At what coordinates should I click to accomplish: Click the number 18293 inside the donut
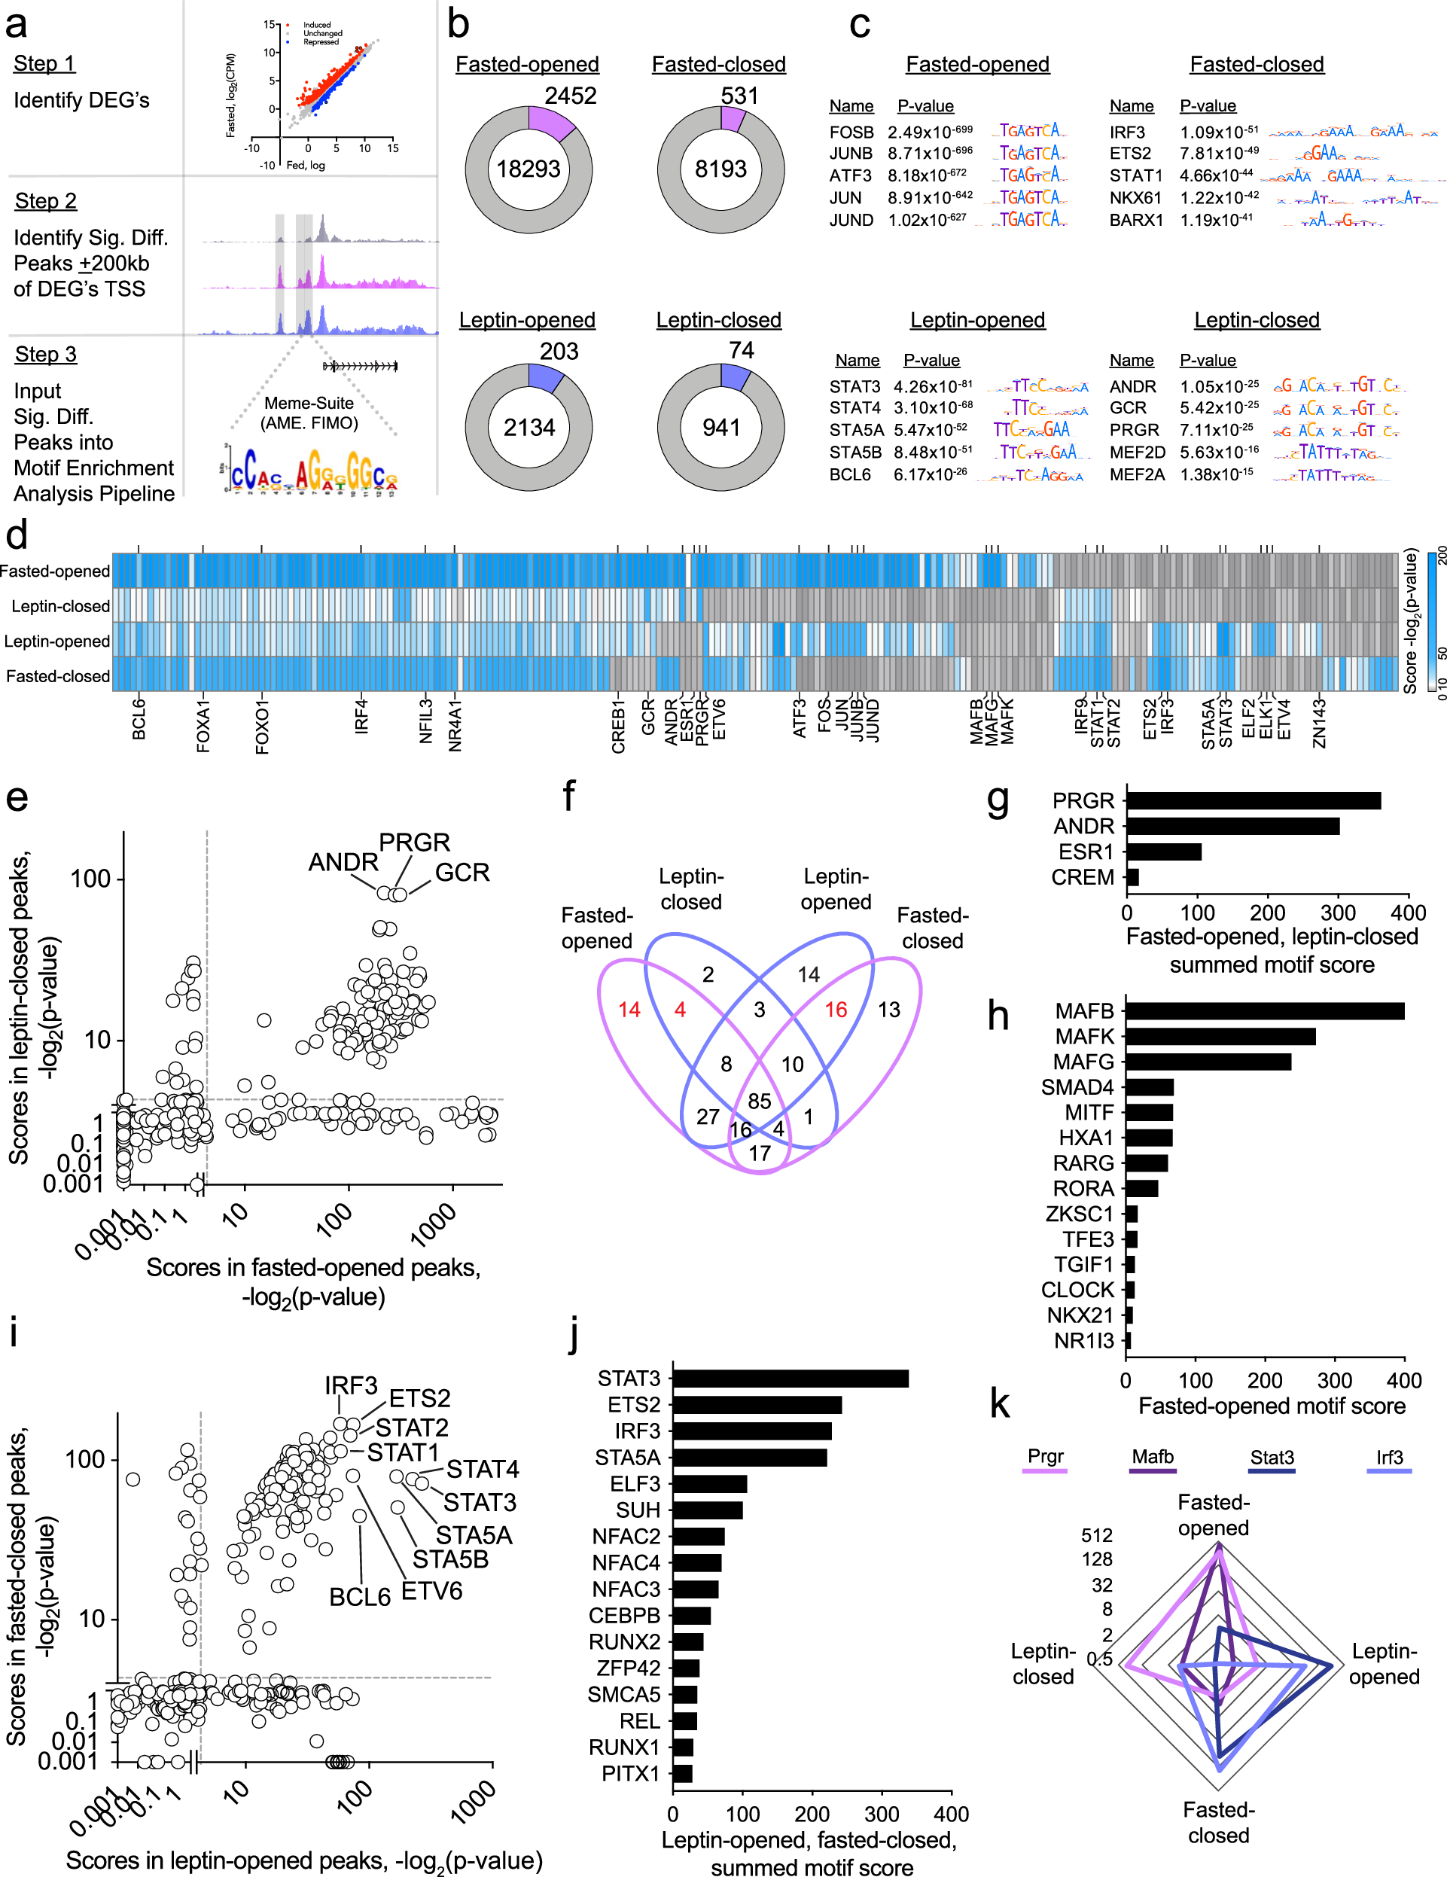point(528,169)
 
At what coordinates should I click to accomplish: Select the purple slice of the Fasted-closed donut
point(732,120)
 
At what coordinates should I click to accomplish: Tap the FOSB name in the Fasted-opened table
point(851,133)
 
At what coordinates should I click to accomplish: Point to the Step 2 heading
point(45,201)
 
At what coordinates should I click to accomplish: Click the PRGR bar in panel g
point(1253,801)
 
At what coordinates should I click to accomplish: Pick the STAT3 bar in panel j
point(790,1379)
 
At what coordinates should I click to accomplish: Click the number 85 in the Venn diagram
point(760,1101)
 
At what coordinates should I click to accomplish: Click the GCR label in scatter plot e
point(462,873)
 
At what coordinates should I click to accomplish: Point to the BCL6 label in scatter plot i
point(359,1597)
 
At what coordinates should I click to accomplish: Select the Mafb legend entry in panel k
point(1153,1457)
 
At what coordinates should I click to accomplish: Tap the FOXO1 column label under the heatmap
point(262,727)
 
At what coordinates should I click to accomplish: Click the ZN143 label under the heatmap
point(1319,724)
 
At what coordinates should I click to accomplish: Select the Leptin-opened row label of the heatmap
point(56,641)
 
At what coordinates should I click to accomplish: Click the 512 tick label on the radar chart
point(1096,1535)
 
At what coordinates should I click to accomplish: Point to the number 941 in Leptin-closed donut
point(721,428)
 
